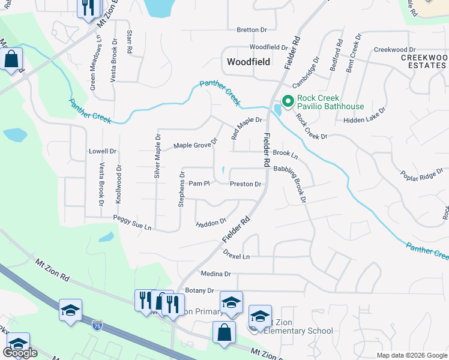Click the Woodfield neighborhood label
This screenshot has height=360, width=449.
click(249, 62)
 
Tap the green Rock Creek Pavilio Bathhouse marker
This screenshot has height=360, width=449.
click(287, 102)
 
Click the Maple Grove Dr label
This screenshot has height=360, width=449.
click(195, 145)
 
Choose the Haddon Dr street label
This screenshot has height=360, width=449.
click(211, 223)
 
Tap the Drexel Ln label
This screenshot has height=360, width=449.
click(236, 256)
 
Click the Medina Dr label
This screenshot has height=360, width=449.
click(215, 274)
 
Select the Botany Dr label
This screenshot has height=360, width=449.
click(199, 290)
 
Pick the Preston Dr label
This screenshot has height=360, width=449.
click(246, 184)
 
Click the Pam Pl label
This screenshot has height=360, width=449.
click(199, 184)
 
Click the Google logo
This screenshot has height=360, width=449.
click(20, 353)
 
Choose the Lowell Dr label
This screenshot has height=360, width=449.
click(103, 151)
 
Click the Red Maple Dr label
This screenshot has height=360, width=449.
click(247, 128)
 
